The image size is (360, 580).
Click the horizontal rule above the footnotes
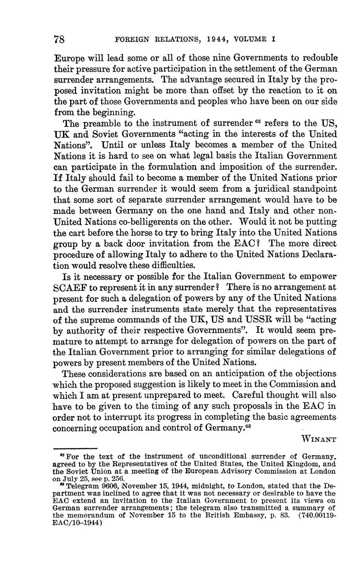click(76, 449)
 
